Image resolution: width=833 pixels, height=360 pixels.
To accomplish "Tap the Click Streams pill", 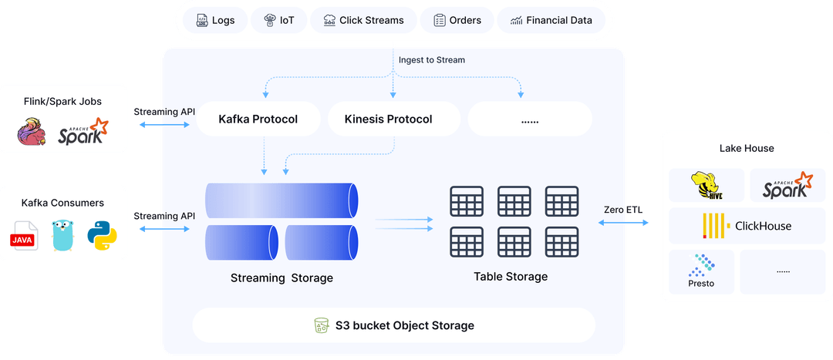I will (363, 20).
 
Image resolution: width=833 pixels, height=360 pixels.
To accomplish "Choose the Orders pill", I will (457, 20).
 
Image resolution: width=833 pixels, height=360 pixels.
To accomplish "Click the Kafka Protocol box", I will (258, 119).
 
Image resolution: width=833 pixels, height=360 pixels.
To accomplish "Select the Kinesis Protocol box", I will (388, 119).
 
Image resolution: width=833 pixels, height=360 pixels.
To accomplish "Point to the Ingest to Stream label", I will (432, 59).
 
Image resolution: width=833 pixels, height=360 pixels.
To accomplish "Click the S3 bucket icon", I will (321, 325).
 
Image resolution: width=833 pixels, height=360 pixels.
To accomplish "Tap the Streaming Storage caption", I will (282, 278).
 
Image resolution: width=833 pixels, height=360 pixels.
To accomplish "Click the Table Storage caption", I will (511, 276).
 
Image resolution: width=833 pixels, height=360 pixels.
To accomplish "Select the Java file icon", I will (24, 236).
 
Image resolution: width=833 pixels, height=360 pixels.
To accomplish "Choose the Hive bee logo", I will (707, 186).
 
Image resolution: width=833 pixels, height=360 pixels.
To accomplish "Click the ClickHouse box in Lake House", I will (747, 226).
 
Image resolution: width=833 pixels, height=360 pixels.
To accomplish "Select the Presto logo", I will (701, 271).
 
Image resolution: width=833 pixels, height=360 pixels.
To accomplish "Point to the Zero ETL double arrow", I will (624, 222).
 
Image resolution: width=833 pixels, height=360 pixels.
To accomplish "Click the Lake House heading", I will (746, 148).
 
